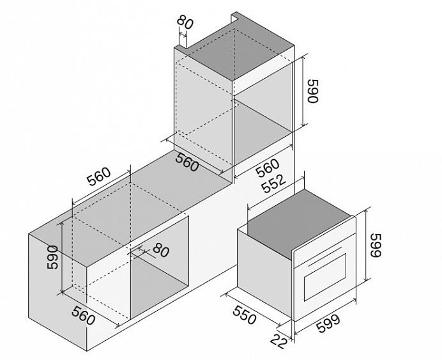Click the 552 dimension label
tap(274, 184)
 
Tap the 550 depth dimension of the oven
tap(245, 315)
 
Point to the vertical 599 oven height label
tap(376, 245)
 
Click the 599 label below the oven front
tap(328, 324)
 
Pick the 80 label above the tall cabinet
tap(185, 22)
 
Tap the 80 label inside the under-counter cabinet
tap(161, 249)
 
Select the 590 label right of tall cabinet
tap(312, 91)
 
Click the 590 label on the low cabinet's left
tap(53, 257)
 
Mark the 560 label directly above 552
tap(268, 168)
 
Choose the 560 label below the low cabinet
tap(83, 315)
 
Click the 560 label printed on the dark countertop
tap(187, 163)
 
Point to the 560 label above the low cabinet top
tap(98, 177)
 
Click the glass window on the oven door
tap(324, 277)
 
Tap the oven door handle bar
tap(324, 257)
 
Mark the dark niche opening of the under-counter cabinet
tap(159, 285)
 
